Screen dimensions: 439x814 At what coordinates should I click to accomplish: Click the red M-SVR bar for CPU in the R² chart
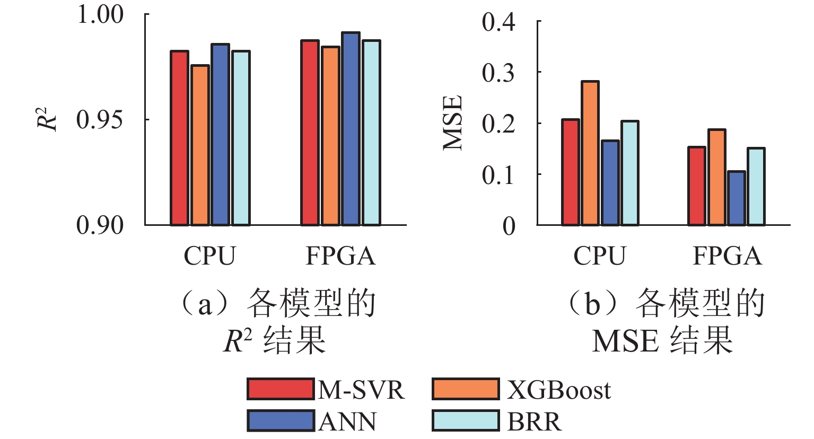pyautogui.click(x=179, y=138)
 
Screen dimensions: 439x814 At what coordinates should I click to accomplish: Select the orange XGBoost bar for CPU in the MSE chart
pyautogui.click(x=590, y=153)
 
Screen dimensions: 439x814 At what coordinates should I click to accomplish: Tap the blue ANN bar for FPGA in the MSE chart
pyautogui.click(x=736, y=198)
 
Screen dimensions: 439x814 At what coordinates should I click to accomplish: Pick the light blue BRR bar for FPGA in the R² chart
pyautogui.click(x=371, y=133)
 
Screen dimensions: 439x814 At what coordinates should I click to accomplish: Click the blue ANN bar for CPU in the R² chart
pyautogui.click(x=220, y=135)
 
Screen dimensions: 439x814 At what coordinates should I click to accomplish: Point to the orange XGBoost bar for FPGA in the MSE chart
pyautogui.click(x=716, y=177)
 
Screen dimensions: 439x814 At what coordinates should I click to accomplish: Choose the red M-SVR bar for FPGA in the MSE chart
pyautogui.click(x=696, y=186)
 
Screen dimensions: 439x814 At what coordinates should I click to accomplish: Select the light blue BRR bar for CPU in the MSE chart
pyautogui.click(x=629, y=173)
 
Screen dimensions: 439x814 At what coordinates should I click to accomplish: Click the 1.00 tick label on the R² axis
pyautogui.click(x=101, y=14)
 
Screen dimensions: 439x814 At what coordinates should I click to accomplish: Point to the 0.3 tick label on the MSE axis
pyautogui.click(x=498, y=73)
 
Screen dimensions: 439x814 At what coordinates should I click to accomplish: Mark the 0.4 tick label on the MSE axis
pyautogui.click(x=498, y=22)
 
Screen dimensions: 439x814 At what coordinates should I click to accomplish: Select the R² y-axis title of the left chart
pyautogui.click(x=47, y=119)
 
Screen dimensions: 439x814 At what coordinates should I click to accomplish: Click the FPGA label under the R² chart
pyautogui.click(x=340, y=257)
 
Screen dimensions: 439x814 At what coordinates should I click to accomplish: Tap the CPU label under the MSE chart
pyautogui.click(x=599, y=257)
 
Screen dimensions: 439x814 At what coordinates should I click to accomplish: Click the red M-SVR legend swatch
pyautogui.click(x=280, y=389)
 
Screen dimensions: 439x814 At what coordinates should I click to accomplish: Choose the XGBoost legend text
pyautogui.click(x=558, y=390)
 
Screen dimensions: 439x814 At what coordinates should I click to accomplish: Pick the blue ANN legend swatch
pyautogui.click(x=280, y=421)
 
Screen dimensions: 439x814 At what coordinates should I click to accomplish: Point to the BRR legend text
pyautogui.click(x=534, y=422)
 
